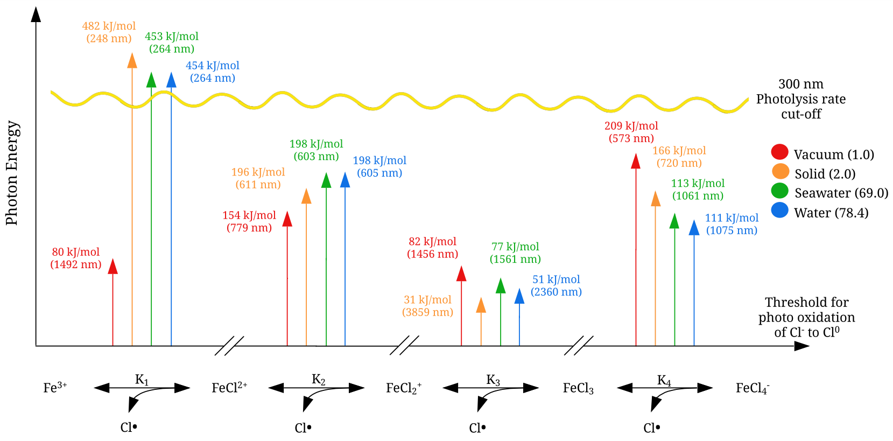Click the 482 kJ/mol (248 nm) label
pos(109,32)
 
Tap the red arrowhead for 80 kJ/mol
pos(112,266)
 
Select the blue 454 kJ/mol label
pos(213,72)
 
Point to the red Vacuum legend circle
pos(779,152)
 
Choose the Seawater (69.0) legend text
pos(841,193)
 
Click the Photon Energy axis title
pos(12,173)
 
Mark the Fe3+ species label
pos(55,388)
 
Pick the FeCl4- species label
pos(753,388)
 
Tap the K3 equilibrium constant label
pos(493,380)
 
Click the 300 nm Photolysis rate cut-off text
pos(800,99)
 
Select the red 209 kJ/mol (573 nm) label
pos(631,132)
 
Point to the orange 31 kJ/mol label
pos(427,306)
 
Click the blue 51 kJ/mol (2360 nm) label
pos(556,285)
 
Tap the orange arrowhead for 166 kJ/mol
pos(655,199)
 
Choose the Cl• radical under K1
pos(129,428)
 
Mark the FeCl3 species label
pos(578,388)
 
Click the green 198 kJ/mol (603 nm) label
pos(316,150)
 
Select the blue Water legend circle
pos(779,210)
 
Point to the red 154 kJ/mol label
pos(249,221)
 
